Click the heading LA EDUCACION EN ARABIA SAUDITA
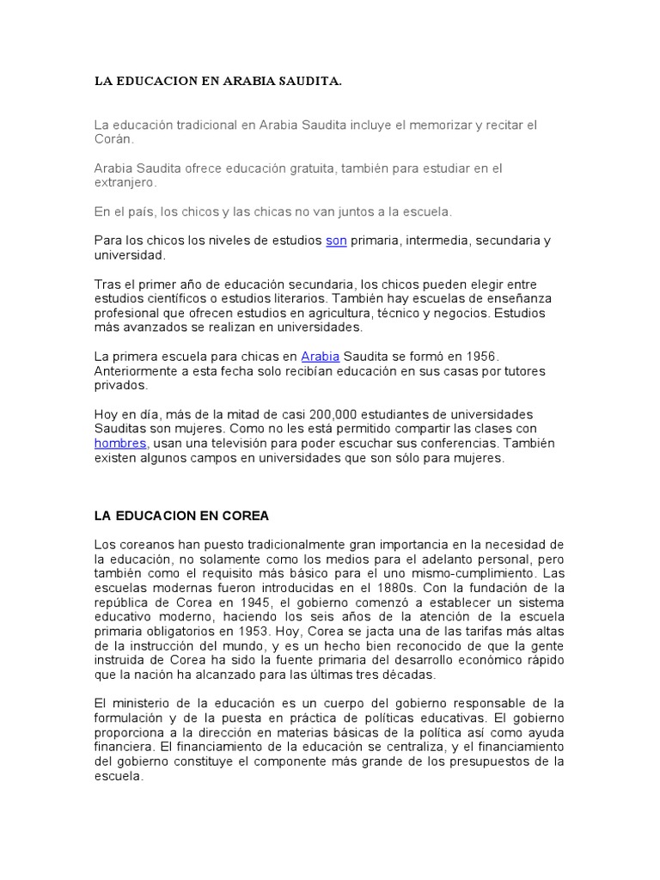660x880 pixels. (x=217, y=82)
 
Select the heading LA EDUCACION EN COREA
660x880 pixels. (x=181, y=516)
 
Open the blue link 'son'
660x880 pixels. (x=336, y=241)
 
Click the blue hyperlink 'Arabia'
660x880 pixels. (x=321, y=357)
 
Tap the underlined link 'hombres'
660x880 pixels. (x=120, y=443)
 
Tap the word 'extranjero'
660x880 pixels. (x=125, y=183)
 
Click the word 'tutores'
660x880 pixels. (x=522, y=371)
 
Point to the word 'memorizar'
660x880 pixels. (x=433, y=125)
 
